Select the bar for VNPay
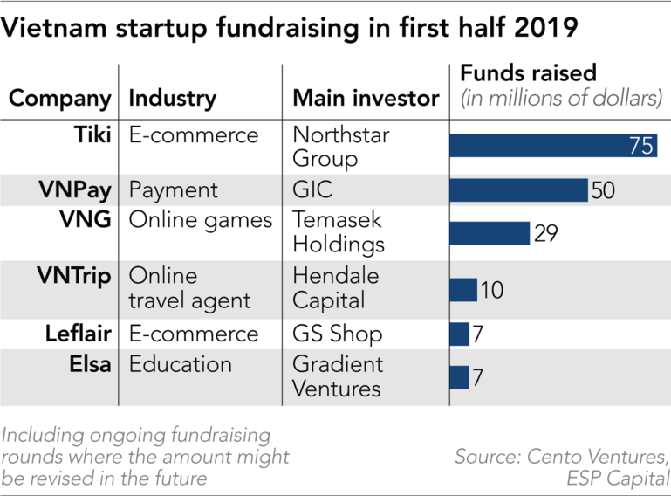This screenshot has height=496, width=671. pyautogui.click(x=519, y=190)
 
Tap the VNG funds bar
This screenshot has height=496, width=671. pyautogui.click(x=490, y=233)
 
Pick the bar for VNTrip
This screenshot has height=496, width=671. pyautogui.click(x=463, y=290)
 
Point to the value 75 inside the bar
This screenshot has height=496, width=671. pyautogui.click(x=641, y=146)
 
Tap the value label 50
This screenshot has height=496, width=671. pyautogui.click(x=604, y=190)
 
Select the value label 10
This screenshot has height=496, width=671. pyautogui.click(x=492, y=290)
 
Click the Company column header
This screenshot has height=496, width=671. pyautogui.click(x=60, y=99)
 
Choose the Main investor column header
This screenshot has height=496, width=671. pyautogui.click(x=366, y=99)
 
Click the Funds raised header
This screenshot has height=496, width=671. pyautogui.click(x=528, y=72)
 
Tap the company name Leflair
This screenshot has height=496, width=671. pyautogui.click(x=79, y=334)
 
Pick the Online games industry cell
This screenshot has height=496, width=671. pyautogui.click(x=201, y=221)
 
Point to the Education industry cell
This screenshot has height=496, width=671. pyautogui.click(x=181, y=364)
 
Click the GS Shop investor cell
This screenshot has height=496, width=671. pyautogui.click(x=337, y=334)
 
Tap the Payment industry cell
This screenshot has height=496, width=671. pyautogui.click(x=174, y=190)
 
